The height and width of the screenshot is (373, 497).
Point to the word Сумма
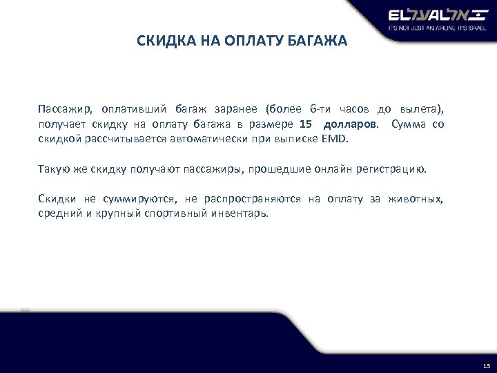coord(407,124)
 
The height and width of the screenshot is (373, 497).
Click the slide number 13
coord(486,365)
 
